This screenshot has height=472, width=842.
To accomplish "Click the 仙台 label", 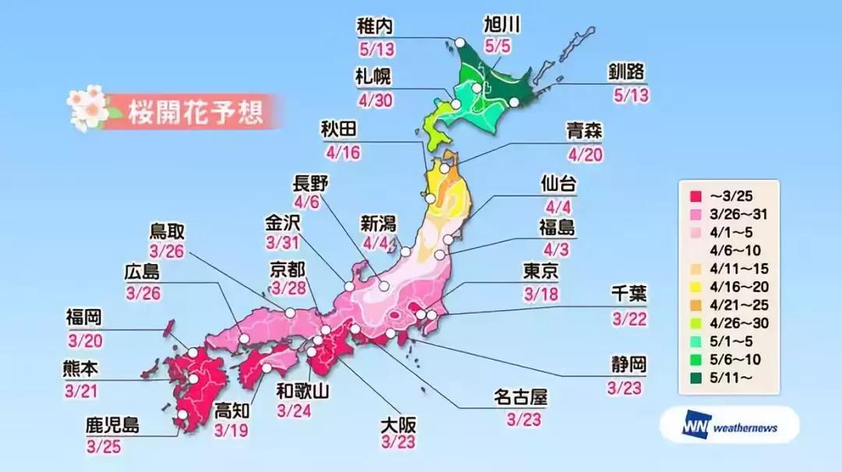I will click(559, 184).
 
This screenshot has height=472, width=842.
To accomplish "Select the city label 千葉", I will click(628, 294).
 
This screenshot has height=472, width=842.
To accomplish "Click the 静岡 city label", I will click(628, 365).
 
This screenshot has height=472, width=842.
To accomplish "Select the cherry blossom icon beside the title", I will click(87, 108).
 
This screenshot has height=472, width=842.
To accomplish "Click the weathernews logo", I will click(729, 425).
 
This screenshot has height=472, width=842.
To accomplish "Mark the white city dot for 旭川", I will click(476, 88).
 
